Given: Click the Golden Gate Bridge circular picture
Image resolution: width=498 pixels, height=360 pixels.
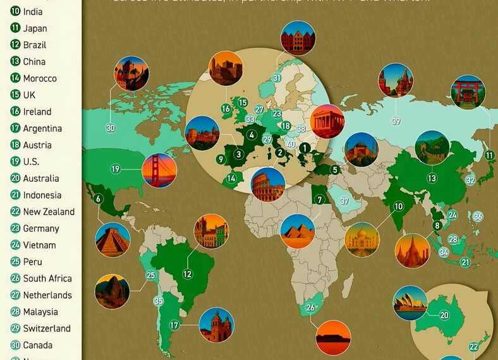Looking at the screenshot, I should (159, 171).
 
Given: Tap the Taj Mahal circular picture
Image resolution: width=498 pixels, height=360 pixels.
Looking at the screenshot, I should (362, 239).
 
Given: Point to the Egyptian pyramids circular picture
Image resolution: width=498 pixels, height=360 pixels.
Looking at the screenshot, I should (298, 231).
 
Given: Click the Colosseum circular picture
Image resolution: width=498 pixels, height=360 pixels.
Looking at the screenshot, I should (268, 184).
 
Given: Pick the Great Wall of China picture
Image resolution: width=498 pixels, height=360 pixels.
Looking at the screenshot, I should (432, 148).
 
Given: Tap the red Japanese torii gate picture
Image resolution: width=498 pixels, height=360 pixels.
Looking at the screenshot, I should (468, 92).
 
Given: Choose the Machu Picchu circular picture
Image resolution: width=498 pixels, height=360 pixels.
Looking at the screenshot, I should (112, 291).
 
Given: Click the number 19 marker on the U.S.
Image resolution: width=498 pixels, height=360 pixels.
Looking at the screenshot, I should (116, 169).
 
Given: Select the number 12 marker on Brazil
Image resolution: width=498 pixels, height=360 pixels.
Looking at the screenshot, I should (188, 274).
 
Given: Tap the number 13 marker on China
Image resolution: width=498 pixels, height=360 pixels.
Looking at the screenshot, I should (432, 179).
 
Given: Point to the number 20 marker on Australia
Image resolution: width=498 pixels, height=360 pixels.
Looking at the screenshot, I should (444, 315).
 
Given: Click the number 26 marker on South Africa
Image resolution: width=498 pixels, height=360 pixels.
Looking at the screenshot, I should (310, 308).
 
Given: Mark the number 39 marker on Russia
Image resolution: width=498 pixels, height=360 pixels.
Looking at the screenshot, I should (396, 121).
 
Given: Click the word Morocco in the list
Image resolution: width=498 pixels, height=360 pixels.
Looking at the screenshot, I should (40, 78).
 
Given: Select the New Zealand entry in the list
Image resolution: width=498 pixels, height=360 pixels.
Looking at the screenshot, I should (49, 212).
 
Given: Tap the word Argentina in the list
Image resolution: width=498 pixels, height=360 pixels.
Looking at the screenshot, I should (42, 128).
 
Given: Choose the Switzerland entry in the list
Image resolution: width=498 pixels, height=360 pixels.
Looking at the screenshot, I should (47, 328).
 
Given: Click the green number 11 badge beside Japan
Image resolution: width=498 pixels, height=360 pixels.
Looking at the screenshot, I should (15, 28).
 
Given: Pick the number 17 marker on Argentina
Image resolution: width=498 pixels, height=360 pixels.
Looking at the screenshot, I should (174, 325).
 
